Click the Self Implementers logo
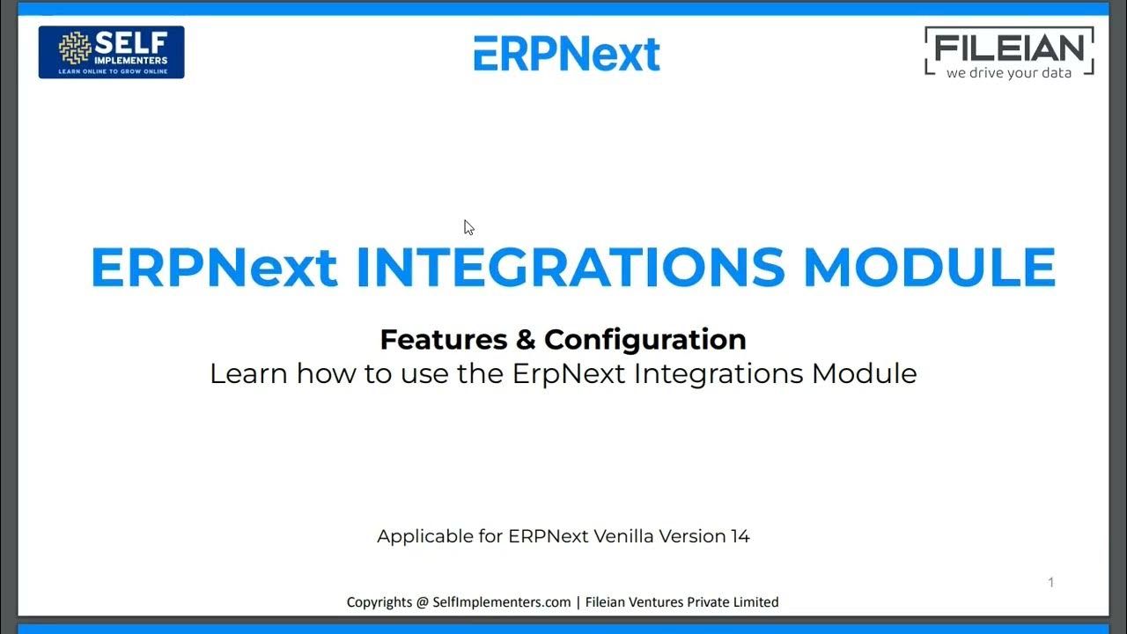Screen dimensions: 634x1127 coord(111,52)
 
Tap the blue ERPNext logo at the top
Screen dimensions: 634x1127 coord(566,54)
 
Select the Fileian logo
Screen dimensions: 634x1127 coord(1009,53)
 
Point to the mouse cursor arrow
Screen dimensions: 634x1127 coord(468,227)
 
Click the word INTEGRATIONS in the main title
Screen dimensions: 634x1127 coord(570,268)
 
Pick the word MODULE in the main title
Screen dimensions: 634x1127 coord(929,268)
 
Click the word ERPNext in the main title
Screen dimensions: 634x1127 coord(214,268)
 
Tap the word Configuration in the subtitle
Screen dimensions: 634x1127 coord(645,339)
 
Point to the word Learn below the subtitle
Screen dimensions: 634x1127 coord(248,373)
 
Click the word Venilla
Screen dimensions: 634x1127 coord(629,535)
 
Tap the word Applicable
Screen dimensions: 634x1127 coord(428,535)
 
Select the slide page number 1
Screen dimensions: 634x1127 coord(1050,582)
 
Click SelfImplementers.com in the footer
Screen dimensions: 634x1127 coord(502,602)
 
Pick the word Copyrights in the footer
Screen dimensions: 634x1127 coord(379,602)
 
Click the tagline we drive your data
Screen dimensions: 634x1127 coord(1009,73)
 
